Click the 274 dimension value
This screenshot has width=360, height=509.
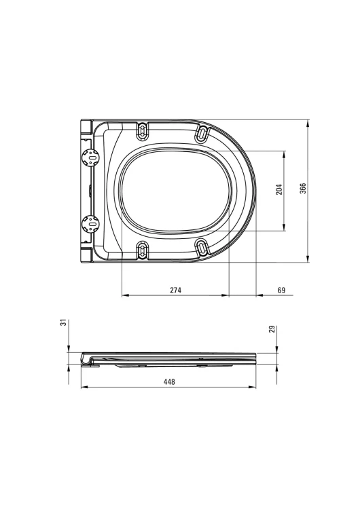[175, 290]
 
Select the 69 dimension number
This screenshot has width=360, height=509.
[281, 290]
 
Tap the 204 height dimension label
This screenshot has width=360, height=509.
[279, 189]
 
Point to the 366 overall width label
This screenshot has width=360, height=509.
[303, 189]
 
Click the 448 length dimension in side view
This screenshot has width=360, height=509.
[169, 381]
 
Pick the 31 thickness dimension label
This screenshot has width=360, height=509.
[64, 322]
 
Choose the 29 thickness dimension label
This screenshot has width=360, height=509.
[272, 329]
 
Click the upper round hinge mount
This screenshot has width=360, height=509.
[90, 158]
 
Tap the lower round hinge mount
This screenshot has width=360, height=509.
[90, 224]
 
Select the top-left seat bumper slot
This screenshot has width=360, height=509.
[143, 132]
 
